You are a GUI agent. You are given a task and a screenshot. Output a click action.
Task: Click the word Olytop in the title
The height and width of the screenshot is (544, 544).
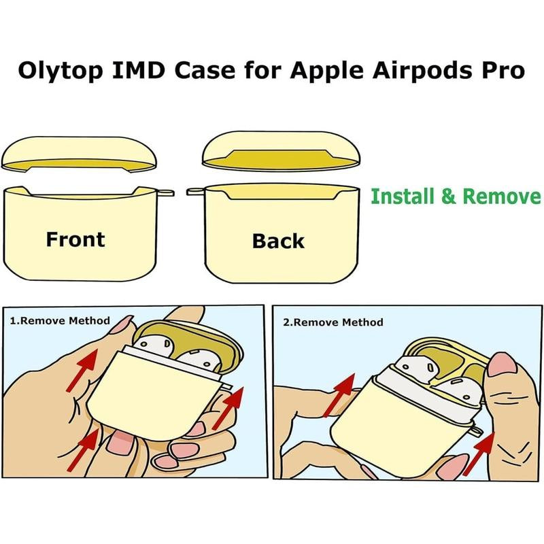point(61,72)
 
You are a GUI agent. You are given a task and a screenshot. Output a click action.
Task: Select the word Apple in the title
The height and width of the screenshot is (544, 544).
point(327,72)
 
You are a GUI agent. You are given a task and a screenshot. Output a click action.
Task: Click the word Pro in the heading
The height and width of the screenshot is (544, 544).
point(503,71)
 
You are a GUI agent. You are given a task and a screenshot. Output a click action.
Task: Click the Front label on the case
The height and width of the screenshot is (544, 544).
point(75,239)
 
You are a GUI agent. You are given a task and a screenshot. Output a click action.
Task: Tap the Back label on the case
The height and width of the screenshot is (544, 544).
point(278,241)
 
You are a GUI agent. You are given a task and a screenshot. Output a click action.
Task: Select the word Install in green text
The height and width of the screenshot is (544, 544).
point(403,196)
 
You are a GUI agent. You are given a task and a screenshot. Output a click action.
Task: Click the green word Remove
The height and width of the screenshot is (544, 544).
point(502,197)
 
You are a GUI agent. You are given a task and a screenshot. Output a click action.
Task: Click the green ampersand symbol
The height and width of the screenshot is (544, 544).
point(449,197)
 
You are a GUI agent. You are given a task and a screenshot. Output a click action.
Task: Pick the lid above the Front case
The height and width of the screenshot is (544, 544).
point(79,155)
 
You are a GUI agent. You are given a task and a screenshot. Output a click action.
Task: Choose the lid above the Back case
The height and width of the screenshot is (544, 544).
point(282,151)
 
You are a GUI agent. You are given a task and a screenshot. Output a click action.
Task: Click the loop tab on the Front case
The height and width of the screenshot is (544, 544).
point(165,192)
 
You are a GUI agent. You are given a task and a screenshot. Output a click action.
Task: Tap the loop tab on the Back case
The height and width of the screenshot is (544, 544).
point(196,191)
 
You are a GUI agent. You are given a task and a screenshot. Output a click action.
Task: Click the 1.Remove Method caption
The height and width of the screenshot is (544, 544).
point(60,320)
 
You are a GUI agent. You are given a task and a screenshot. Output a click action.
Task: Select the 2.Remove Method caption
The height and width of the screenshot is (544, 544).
point(333,322)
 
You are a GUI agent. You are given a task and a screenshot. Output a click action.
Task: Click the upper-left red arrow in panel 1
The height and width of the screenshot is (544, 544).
point(82,370)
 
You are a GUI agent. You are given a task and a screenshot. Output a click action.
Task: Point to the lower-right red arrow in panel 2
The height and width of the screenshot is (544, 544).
point(479,454)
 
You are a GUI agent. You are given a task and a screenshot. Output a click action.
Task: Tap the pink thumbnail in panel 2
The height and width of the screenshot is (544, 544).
point(503,365)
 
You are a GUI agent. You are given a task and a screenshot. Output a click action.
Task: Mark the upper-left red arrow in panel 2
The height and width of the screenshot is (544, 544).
point(339,396)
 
